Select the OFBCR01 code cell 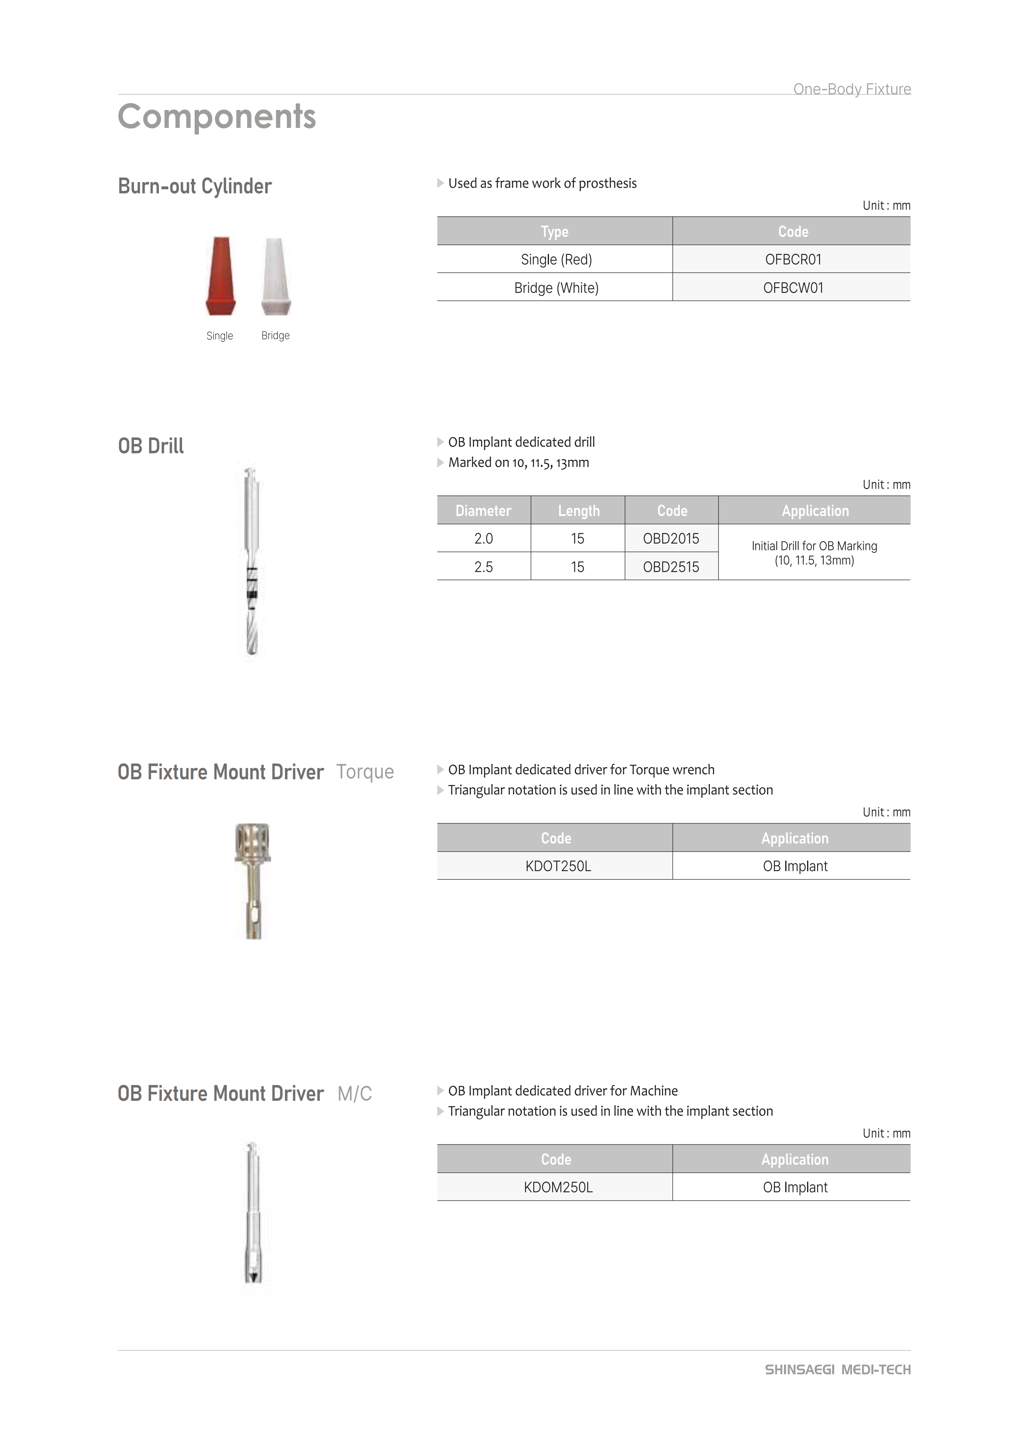click(793, 259)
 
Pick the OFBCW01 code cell click(793, 288)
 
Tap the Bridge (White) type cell click(556, 288)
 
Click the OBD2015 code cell click(671, 539)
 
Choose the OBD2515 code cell click(671, 567)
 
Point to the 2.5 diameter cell click(483, 567)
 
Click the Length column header click(578, 511)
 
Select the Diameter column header click(483, 511)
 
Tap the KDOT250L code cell click(558, 866)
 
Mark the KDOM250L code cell click(558, 1187)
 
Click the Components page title click(217, 117)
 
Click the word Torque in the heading click(365, 772)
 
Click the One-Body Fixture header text click(852, 89)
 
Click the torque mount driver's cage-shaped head click(253, 841)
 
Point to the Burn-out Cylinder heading click(195, 186)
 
